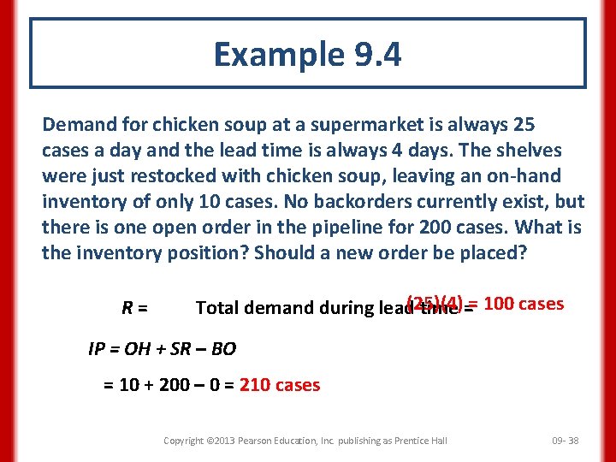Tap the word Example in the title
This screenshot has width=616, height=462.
275,55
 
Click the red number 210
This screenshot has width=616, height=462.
256,385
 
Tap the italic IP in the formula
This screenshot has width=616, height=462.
98,349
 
